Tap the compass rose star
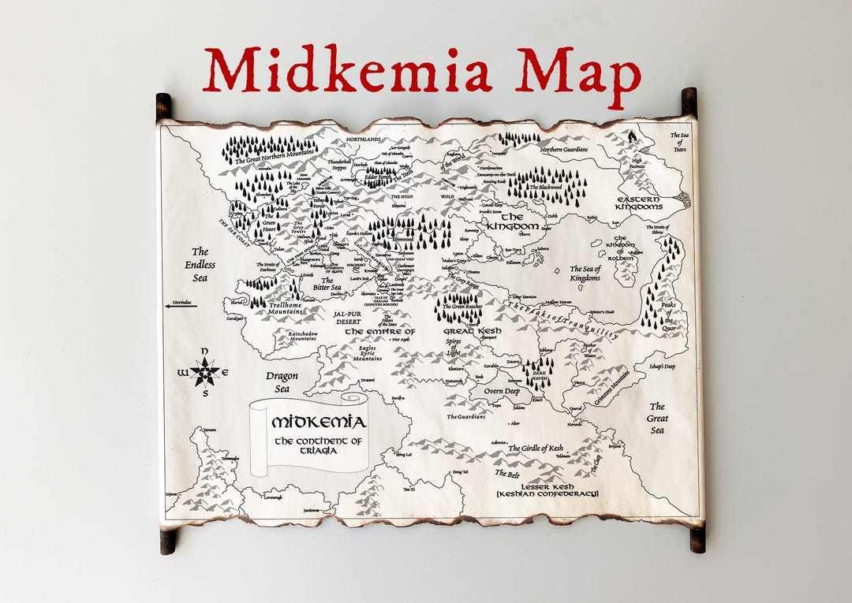point(205,370)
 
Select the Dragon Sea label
point(282,382)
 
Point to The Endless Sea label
point(200,265)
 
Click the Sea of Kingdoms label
point(585,274)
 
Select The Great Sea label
point(657,419)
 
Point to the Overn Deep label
point(502,391)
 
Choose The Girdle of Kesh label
point(536,449)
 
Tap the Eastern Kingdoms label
point(639,203)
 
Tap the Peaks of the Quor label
point(668,312)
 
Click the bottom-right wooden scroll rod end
point(697,539)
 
